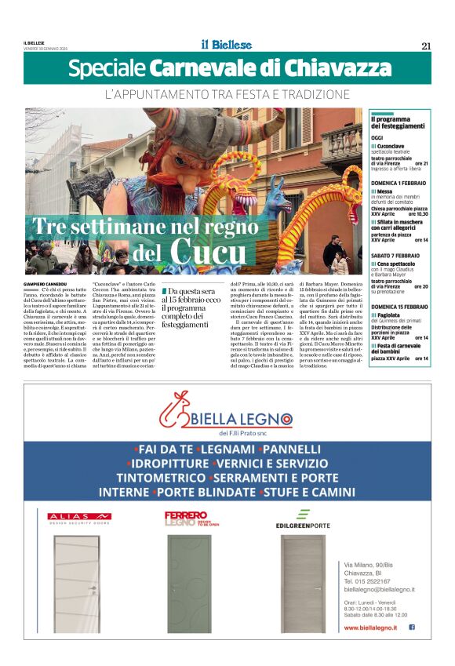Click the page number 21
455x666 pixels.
(x=426, y=45)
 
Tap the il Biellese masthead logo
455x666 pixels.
(x=225, y=45)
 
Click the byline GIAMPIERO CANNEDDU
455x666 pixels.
(x=47, y=283)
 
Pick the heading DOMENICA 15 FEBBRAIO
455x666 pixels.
(x=399, y=307)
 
